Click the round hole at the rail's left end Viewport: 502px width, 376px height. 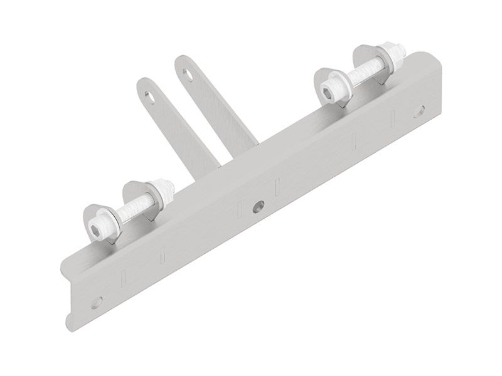click(x=95, y=302)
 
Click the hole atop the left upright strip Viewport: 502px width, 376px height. click(x=148, y=95)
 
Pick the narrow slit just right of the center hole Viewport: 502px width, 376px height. click(x=277, y=186)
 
